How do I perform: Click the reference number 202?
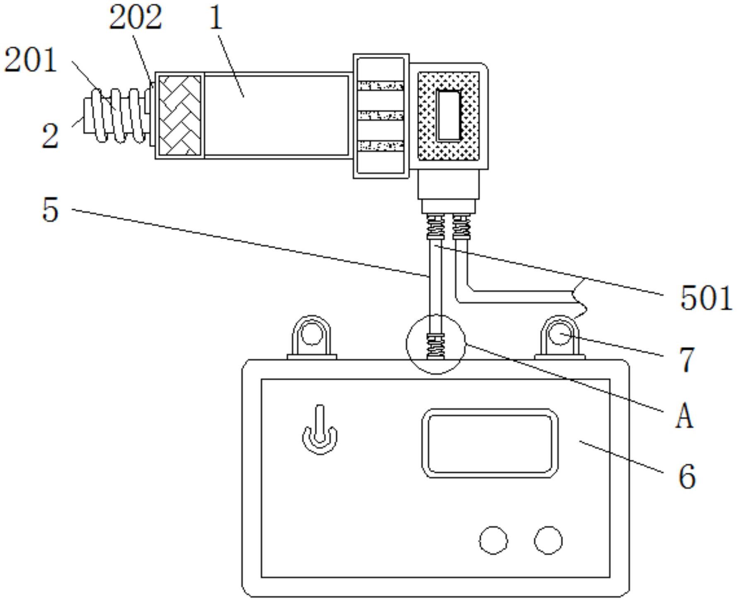[135, 18]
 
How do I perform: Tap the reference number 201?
[30, 60]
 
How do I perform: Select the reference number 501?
[706, 298]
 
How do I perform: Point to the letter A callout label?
[684, 416]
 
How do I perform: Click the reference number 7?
[687, 359]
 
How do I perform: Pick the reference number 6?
[686, 477]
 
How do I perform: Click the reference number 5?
[50, 210]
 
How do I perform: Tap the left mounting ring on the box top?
[312, 335]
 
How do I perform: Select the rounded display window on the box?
[490, 443]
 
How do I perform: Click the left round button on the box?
[493, 540]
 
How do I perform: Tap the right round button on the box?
[548, 540]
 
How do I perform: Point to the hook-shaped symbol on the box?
[319, 432]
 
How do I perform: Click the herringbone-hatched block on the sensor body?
[180, 115]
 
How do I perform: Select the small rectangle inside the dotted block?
[449, 116]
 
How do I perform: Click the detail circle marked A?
[436, 344]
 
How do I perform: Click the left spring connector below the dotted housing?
[435, 227]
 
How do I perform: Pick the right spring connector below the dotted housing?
[461, 227]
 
